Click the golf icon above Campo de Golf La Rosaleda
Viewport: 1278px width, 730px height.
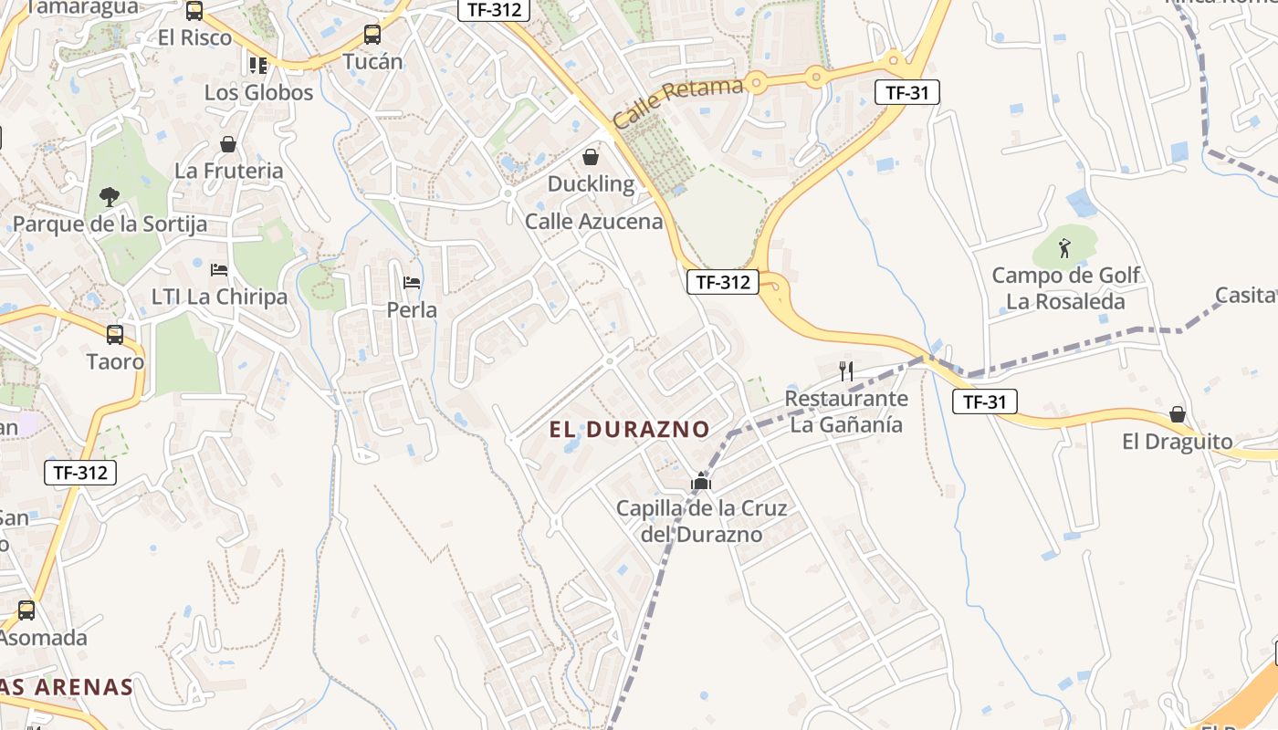[x=1064, y=247]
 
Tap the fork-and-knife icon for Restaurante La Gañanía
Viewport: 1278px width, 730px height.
[x=846, y=370]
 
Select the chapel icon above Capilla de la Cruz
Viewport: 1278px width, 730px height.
[x=701, y=481]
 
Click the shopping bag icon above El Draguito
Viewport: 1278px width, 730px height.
[x=1178, y=414]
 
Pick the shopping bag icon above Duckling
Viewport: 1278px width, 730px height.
[x=591, y=156]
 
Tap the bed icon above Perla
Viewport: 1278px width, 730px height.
[x=412, y=282]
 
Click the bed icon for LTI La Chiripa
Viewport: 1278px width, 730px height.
[x=219, y=269]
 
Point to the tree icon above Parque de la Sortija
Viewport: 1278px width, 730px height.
[x=110, y=196]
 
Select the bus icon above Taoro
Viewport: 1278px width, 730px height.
[x=115, y=334]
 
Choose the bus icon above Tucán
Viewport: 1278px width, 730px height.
[x=372, y=35]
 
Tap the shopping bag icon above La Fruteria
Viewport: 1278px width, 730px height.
[x=228, y=144]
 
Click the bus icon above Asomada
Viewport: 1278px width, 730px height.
[x=26, y=610]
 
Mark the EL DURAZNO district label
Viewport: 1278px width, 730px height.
[x=630, y=429]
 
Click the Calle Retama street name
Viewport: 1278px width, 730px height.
[x=678, y=102]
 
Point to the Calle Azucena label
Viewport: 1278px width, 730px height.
[x=593, y=222]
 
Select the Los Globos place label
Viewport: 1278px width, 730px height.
[x=258, y=92]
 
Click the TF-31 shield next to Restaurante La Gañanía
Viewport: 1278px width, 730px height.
[x=984, y=401]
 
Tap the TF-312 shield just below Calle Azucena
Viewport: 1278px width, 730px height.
[x=723, y=282]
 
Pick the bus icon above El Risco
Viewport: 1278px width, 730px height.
[x=194, y=11]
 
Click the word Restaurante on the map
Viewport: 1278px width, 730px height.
[x=846, y=399]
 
